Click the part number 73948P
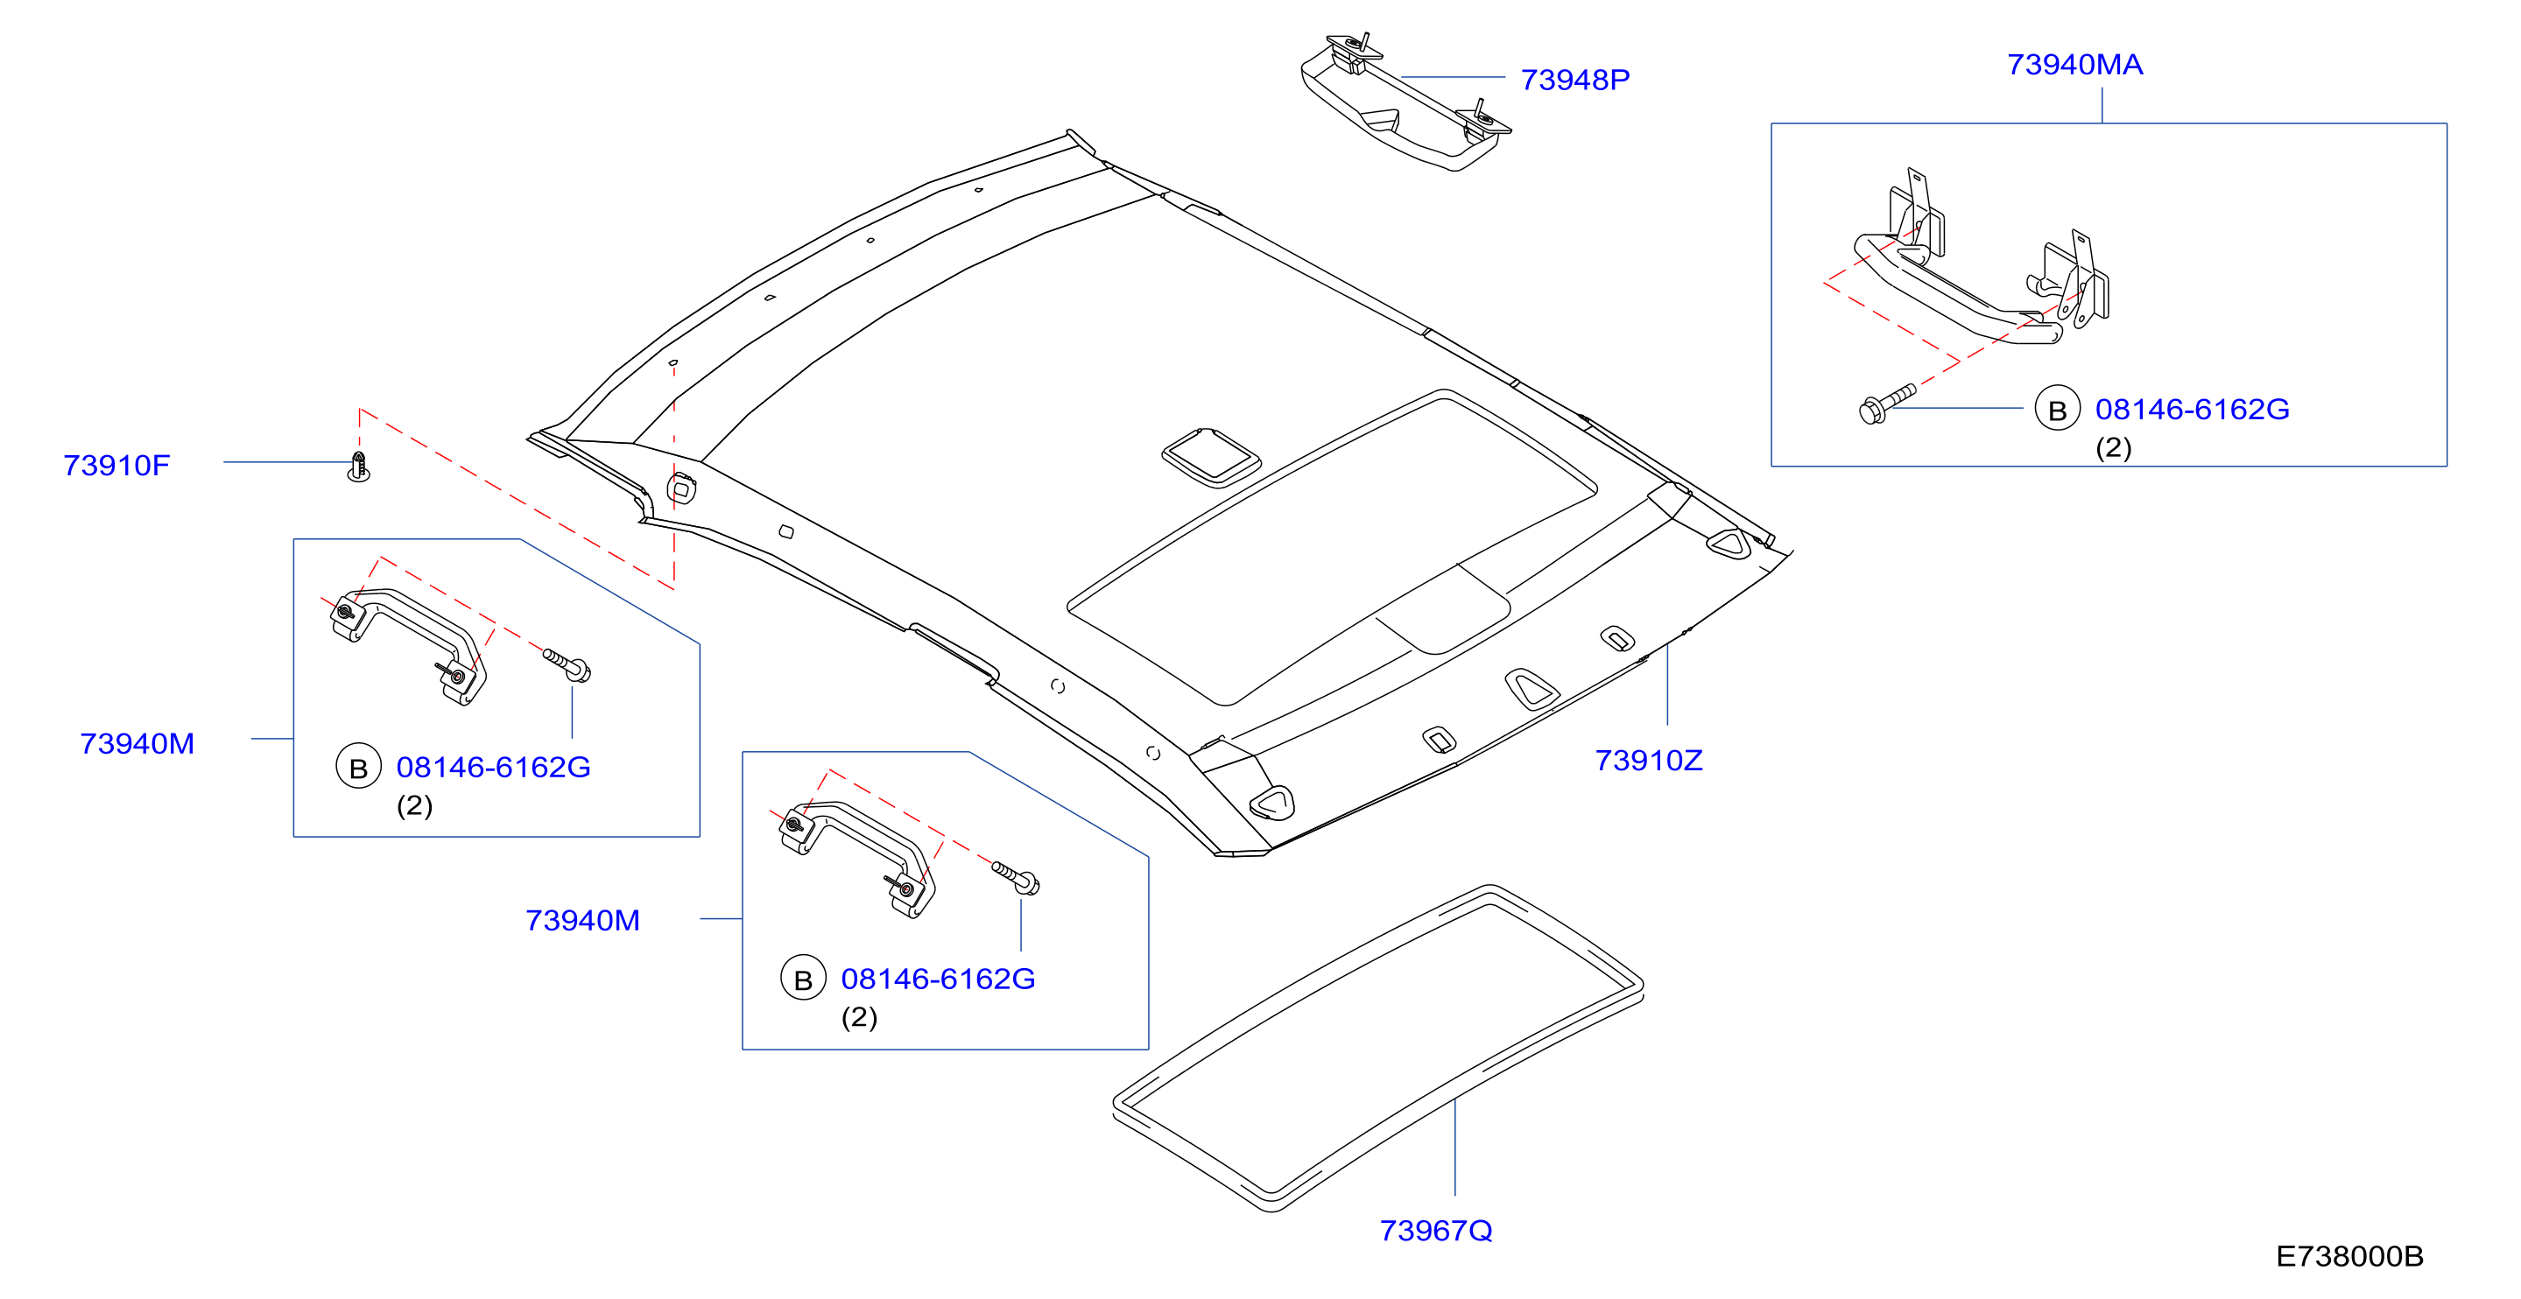click(1574, 80)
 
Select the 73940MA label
click(2074, 65)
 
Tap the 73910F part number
click(116, 465)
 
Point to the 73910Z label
click(1648, 760)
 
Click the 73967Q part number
click(1436, 1231)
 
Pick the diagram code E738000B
click(2348, 1256)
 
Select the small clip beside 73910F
click(359, 467)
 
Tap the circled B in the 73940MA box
click(2057, 409)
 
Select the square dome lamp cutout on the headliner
click(1211, 457)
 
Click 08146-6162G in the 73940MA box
click(2192, 409)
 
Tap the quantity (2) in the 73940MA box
click(2113, 448)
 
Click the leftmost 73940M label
click(137, 743)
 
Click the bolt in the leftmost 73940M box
click(567, 665)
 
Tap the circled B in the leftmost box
click(358, 767)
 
